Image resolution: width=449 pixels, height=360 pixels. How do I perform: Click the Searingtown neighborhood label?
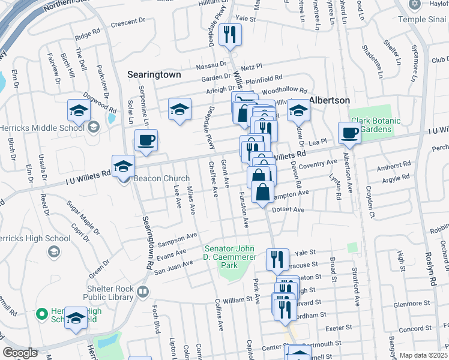[x=155, y=75]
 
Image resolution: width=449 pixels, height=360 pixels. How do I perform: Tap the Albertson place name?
[x=329, y=100]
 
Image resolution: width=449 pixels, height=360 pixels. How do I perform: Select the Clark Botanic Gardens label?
[x=375, y=124]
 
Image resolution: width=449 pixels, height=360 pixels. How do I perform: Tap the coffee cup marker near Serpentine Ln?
[x=146, y=141]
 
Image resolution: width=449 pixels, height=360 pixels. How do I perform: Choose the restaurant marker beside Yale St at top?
[x=230, y=35]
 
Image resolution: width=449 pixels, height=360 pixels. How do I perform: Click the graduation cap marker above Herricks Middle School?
[x=79, y=110]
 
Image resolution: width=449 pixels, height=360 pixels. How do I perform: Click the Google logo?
[x=20, y=352]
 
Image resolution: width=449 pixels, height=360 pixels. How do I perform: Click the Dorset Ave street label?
[x=288, y=210]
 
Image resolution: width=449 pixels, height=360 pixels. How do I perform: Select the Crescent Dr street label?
[x=128, y=21]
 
